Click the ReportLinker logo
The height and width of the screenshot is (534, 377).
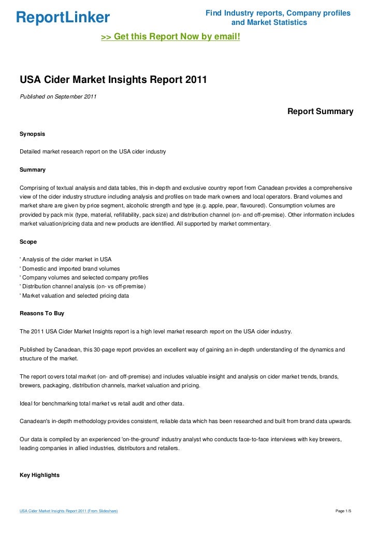63,18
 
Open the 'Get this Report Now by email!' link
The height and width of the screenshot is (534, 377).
170,37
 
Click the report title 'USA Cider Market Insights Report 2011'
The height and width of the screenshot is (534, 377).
113,80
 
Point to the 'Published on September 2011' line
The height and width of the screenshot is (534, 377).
58,96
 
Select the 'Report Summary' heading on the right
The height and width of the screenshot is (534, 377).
320,111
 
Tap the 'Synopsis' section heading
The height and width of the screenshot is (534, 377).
32,134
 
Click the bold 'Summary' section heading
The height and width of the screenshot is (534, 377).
32,170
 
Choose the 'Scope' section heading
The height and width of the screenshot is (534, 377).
28,242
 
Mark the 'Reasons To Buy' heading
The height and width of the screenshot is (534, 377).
42,313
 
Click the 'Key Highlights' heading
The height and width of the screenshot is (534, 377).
39,475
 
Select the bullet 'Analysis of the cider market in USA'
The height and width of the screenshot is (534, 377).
65,259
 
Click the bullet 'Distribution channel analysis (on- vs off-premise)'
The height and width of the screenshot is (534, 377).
83,286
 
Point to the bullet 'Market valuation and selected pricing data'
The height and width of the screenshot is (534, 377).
75,296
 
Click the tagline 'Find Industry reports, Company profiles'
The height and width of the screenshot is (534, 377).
278,13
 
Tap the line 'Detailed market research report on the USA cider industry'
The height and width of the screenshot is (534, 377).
92,151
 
